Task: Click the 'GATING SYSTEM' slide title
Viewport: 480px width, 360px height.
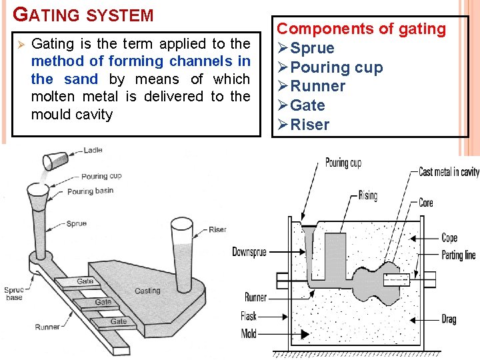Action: pyautogui.click(x=83, y=15)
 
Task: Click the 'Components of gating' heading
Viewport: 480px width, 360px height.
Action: pyautogui.click(x=361, y=29)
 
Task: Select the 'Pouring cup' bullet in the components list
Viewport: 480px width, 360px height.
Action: pyautogui.click(x=336, y=67)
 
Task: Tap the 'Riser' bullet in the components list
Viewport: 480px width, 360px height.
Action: pyautogui.click(x=309, y=125)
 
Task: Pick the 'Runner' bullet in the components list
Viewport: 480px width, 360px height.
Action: pyautogui.click(x=317, y=86)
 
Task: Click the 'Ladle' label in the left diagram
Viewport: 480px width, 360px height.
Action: pyautogui.click(x=93, y=151)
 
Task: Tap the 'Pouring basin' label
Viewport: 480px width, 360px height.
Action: pyautogui.click(x=90, y=191)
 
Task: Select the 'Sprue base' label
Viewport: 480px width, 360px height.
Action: pyautogui.click(x=13, y=293)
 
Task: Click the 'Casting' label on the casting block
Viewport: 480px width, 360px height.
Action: pyautogui.click(x=147, y=291)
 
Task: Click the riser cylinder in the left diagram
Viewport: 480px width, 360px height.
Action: pyautogui.click(x=181, y=247)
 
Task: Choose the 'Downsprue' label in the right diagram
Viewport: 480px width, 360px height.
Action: pyautogui.click(x=250, y=252)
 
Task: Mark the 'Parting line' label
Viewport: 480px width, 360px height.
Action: pyautogui.click(x=459, y=255)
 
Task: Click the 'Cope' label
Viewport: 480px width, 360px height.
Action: pyautogui.click(x=449, y=238)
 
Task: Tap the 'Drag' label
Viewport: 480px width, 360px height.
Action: pyautogui.click(x=449, y=319)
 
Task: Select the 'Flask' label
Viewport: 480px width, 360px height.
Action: pyautogui.click(x=249, y=316)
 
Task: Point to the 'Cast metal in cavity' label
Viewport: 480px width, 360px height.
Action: pyautogui.click(x=449, y=172)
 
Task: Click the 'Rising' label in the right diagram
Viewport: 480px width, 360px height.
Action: pyautogui.click(x=367, y=195)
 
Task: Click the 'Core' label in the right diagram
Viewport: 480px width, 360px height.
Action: pyautogui.click(x=425, y=203)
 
